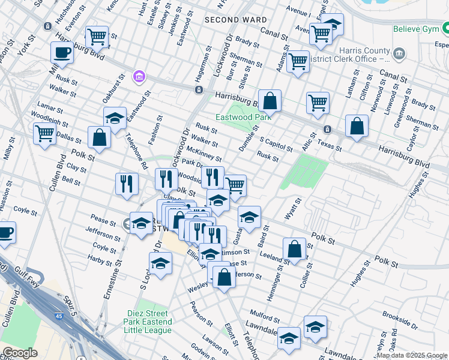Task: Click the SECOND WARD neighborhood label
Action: pyautogui.click(x=235, y=20)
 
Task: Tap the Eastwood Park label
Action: pyautogui.click(x=244, y=118)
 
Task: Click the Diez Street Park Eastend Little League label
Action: pyautogui.click(x=149, y=318)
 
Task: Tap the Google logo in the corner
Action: pyautogui.click(x=20, y=353)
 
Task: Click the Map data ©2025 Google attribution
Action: pyautogui.click(x=412, y=355)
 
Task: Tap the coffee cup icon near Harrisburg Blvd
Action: pyautogui.click(x=62, y=52)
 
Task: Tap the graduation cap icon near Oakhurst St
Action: pyautogui.click(x=115, y=117)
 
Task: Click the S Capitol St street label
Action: pyautogui.click(x=276, y=144)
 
